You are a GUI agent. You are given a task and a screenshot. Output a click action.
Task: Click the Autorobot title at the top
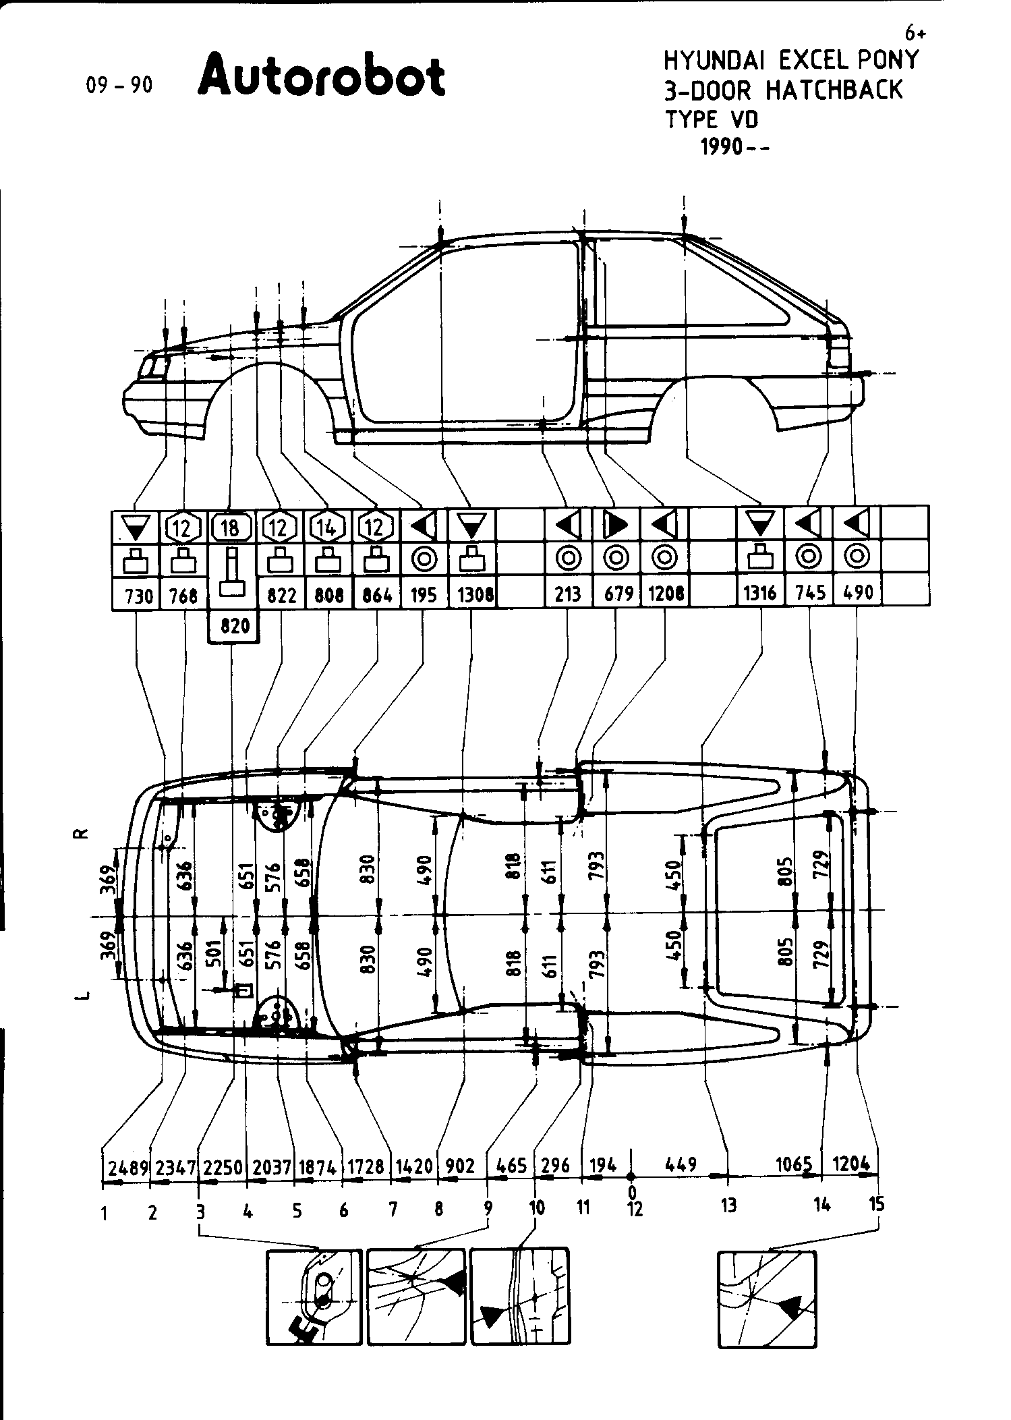322,76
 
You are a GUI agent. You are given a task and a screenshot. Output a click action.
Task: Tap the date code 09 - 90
119,85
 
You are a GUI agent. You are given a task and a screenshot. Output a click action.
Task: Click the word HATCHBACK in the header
834,90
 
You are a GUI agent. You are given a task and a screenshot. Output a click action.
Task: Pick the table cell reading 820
233,626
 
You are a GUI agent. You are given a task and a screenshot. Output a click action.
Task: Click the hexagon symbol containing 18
231,527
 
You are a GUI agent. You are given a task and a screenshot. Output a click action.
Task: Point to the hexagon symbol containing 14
328,527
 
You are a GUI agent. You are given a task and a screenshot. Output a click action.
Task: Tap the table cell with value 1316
761,594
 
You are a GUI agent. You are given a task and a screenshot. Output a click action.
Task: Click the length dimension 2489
127,1166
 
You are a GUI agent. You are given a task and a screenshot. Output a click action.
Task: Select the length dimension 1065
798,1164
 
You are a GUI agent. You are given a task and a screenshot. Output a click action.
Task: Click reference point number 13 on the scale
728,1205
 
